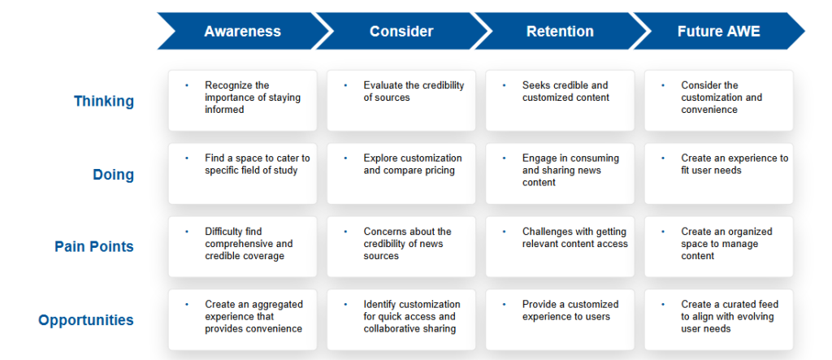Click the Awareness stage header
pos(242,32)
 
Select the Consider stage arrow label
pos(401,32)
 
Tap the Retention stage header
pos(560,32)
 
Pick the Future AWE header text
pos(718,32)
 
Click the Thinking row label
pos(104,102)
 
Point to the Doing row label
pos(114,175)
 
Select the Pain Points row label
pos(94,247)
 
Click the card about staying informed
pos(242,100)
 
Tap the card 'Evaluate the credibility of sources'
pos(401,100)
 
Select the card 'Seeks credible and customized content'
pos(560,100)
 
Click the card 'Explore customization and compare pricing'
pos(401,174)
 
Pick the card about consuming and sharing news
pos(560,174)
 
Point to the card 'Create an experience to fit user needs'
pos(718,174)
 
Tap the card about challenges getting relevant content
pos(560,246)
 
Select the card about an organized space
pos(718,246)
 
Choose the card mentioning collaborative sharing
pos(401,319)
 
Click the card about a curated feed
pos(718,319)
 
